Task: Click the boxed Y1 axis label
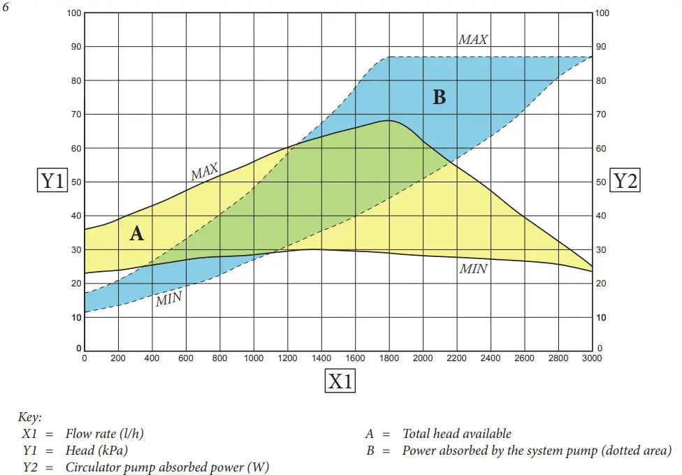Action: click(52, 181)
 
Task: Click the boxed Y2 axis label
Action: click(625, 181)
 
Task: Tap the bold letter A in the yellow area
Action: click(137, 233)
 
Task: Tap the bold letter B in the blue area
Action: click(439, 97)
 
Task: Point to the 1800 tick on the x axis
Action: click(389, 358)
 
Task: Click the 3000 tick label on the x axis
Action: click(592, 358)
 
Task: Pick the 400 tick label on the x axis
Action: click(152, 358)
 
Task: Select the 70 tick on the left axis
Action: click(76, 114)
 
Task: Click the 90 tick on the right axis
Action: click(601, 47)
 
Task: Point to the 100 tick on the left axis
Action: click(74, 13)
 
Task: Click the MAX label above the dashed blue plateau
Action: click(473, 40)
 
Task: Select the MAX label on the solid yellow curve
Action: click(205, 171)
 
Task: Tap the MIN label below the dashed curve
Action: click(168, 300)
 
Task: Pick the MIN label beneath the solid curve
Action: click(473, 268)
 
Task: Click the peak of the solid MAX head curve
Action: click(389, 121)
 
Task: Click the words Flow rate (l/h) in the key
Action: click(105, 434)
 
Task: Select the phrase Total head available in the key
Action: click(457, 434)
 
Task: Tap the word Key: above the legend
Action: click(30, 417)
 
